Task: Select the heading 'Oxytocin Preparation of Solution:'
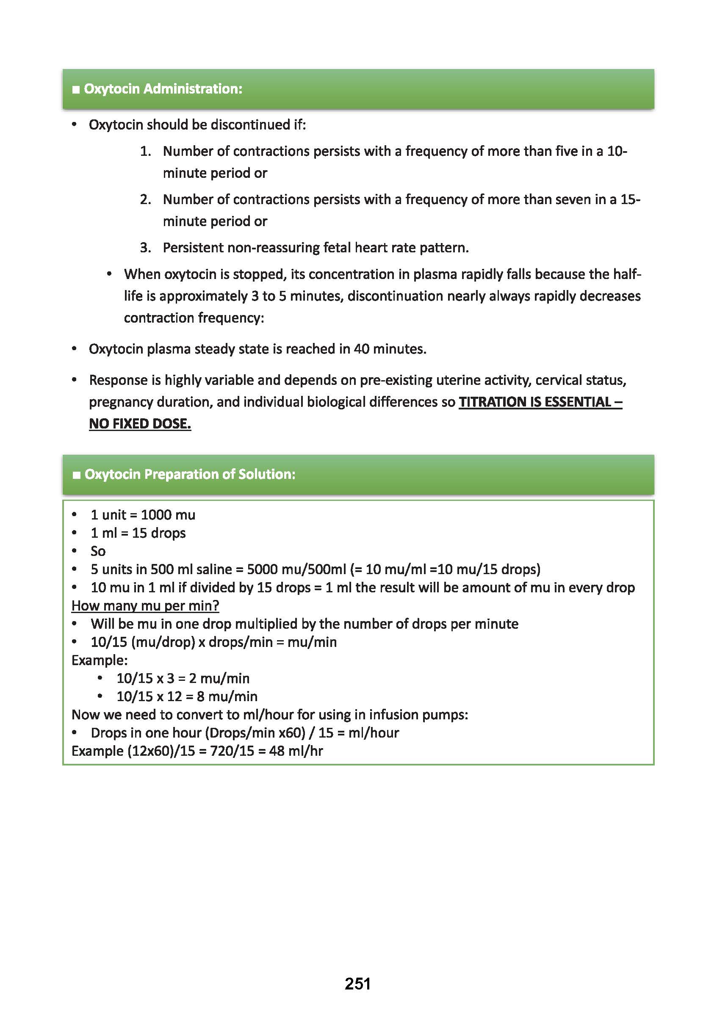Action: point(190,474)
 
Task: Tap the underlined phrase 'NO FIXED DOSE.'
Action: point(140,424)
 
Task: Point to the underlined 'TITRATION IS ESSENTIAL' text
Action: point(534,402)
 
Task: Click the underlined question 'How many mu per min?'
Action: point(145,605)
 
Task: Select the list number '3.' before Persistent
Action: point(145,248)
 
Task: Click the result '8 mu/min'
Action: point(227,696)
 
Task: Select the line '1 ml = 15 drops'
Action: point(138,533)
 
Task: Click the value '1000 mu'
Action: point(168,515)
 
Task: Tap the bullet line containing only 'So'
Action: point(98,551)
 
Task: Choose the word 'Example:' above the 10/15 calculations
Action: point(100,660)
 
